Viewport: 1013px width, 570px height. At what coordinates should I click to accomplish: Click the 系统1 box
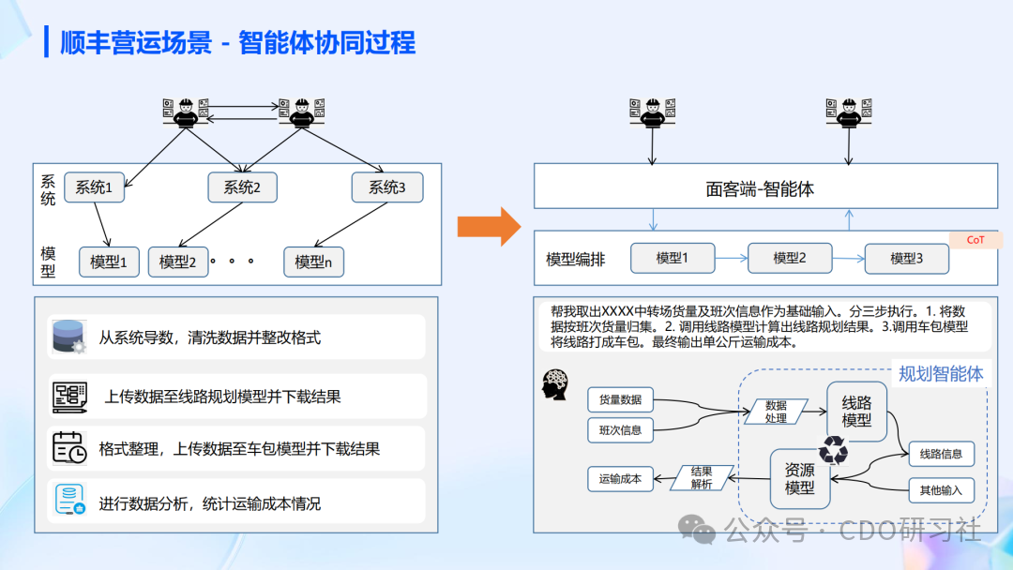point(94,187)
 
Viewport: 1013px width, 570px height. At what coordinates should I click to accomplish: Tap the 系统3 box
point(387,187)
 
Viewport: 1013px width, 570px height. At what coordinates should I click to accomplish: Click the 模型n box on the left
point(313,262)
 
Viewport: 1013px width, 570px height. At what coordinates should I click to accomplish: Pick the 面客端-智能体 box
point(765,187)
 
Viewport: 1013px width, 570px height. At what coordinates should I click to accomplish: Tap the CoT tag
point(975,240)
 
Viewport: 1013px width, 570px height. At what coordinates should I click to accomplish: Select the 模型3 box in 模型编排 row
point(906,258)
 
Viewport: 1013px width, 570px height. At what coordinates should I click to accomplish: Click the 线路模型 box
point(856,411)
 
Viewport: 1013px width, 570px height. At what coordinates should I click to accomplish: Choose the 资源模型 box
point(800,478)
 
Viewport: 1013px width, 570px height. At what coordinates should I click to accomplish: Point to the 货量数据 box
point(620,399)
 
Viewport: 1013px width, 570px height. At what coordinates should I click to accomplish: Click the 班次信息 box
point(620,430)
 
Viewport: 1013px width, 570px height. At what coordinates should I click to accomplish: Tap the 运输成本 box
point(620,478)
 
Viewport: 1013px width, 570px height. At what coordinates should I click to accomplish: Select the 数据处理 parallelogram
point(776,412)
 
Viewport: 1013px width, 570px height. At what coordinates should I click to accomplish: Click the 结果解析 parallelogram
point(702,478)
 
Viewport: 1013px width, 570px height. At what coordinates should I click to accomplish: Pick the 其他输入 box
point(941,489)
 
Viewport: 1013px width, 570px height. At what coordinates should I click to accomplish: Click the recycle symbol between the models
point(832,451)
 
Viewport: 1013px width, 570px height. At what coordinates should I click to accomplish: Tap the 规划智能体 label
point(941,374)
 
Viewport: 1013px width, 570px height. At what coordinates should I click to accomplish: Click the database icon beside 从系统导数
point(68,337)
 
